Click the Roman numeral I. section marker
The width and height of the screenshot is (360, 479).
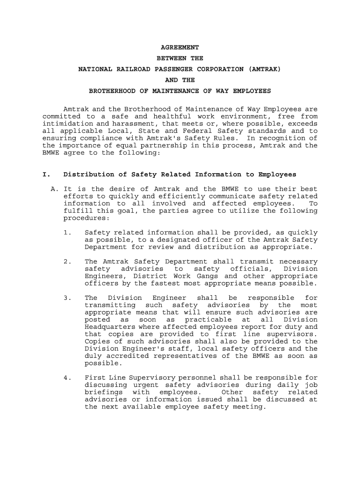click(x=46, y=174)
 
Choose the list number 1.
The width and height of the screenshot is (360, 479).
click(x=68, y=232)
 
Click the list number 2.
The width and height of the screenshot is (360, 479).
click(x=68, y=261)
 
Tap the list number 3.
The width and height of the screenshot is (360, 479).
click(x=68, y=298)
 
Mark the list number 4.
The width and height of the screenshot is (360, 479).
click(x=68, y=378)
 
